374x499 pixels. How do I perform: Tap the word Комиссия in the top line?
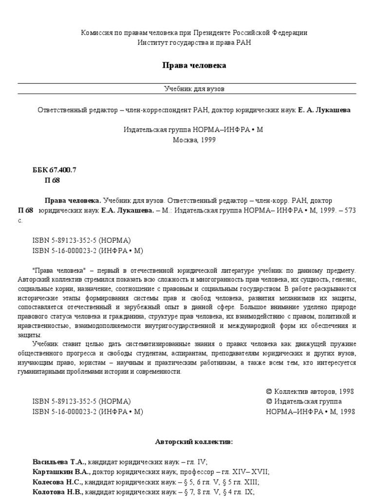97,33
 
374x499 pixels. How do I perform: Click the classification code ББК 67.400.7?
55,170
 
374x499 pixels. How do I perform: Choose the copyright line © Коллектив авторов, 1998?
310,391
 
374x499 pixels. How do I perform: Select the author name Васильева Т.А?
59,461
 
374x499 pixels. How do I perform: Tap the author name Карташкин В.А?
61,472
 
